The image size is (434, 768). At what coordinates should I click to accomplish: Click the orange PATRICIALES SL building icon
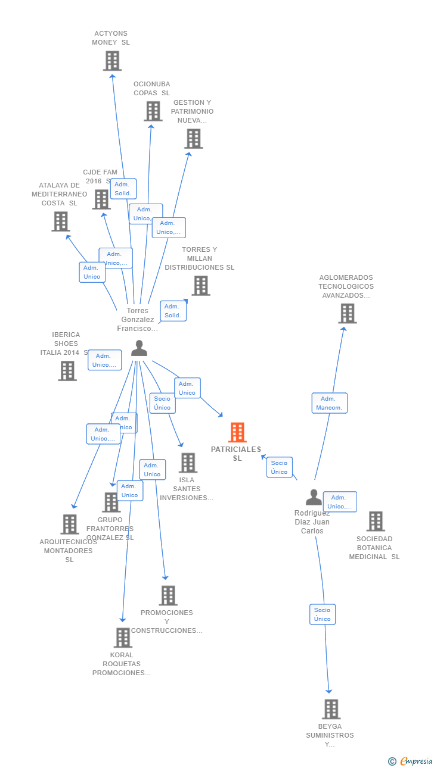(x=237, y=432)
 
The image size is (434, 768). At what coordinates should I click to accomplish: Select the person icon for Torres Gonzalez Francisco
(x=139, y=348)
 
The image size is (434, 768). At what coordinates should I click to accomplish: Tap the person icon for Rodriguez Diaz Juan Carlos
(x=314, y=497)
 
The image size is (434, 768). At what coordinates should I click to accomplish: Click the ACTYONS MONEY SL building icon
(x=112, y=61)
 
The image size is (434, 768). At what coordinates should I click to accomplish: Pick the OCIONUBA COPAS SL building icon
(x=153, y=111)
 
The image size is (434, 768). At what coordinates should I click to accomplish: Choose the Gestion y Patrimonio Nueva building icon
(x=193, y=139)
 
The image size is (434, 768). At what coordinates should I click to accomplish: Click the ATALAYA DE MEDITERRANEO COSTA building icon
(x=60, y=221)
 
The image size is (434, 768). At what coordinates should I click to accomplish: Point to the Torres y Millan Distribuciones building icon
(x=200, y=286)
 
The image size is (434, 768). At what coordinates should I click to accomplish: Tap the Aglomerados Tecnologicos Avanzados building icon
(x=347, y=313)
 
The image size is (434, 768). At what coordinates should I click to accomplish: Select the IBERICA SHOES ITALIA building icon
(x=67, y=371)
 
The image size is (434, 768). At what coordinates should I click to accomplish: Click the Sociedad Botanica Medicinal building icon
(x=375, y=521)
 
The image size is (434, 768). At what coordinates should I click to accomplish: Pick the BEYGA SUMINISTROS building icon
(x=331, y=709)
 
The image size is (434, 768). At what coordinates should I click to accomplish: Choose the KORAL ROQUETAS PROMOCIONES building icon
(x=122, y=638)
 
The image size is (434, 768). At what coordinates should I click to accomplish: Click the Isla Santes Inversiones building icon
(x=188, y=463)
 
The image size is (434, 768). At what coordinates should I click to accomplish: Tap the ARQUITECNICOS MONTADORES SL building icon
(x=70, y=525)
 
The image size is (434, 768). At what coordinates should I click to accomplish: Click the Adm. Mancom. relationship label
(x=329, y=403)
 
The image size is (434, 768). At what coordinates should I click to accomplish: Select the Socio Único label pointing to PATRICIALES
(x=279, y=467)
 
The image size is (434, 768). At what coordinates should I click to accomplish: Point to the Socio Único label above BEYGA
(x=323, y=614)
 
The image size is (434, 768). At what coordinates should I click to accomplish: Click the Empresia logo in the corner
(x=411, y=761)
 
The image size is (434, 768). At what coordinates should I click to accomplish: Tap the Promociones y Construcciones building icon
(x=168, y=595)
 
